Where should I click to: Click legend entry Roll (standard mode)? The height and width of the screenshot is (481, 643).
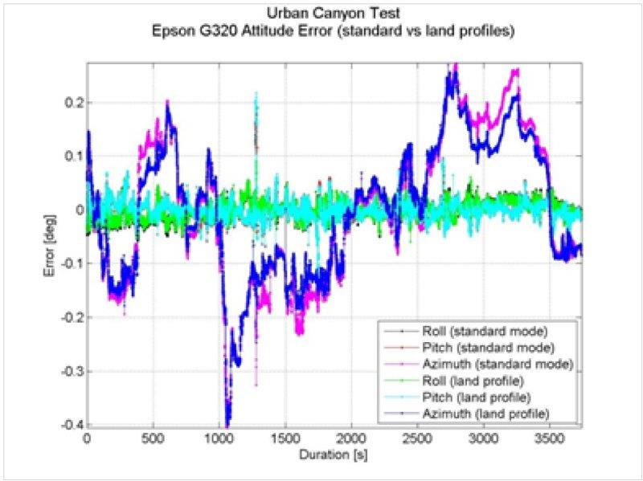pos(484,331)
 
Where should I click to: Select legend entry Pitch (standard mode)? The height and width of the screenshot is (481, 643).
pos(485,348)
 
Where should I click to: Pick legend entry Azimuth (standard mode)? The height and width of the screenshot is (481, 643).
pos(496,364)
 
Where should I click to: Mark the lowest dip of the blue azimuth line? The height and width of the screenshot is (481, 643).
pos(227,424)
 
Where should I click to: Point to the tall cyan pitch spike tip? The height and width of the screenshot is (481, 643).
pos(256,94)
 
